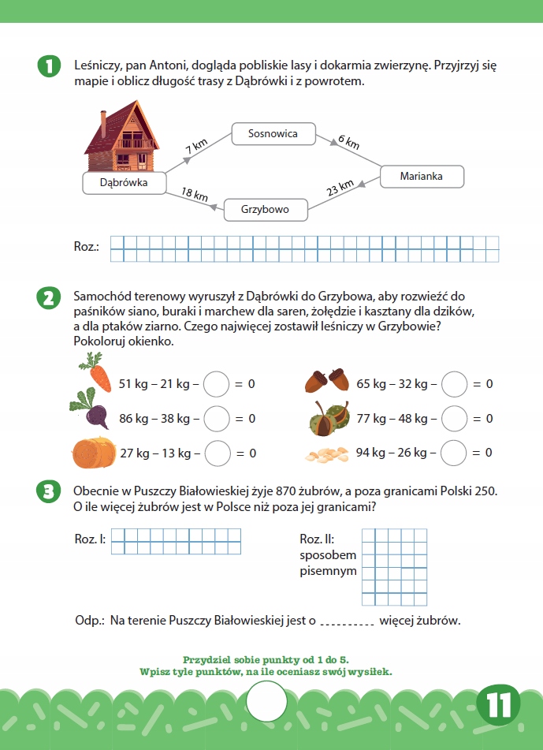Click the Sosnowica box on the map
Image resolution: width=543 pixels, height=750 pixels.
(273, 134)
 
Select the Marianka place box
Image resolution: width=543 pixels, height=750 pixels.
(421, 177)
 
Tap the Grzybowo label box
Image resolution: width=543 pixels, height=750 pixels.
(266, 210)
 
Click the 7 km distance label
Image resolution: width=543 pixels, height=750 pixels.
(196, 146)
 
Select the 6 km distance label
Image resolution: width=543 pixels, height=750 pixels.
(348, 143)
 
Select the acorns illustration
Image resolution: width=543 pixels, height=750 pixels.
(327, 380)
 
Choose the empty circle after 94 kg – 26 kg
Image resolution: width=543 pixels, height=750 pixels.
(454, 453)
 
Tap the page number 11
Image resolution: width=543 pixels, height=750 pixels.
(500, 705)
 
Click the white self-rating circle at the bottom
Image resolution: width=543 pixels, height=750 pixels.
(268, 700)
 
